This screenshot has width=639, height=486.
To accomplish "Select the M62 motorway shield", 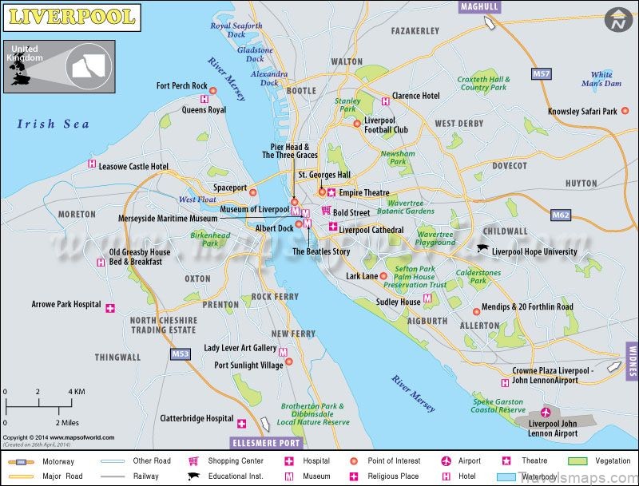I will [561, 215].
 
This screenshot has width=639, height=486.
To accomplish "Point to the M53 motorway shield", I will [180, 353].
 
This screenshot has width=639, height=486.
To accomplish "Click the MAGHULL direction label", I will [479, 6].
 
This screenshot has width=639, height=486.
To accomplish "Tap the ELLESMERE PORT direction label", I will [266, 442].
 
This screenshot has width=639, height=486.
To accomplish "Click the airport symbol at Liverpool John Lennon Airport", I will [546, 412].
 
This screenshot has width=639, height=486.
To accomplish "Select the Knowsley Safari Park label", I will [582, 112].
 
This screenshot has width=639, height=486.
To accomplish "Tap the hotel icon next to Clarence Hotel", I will [386, 101].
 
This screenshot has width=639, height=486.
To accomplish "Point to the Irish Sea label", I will [53, 124].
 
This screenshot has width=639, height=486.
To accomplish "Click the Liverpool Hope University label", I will [534, 251].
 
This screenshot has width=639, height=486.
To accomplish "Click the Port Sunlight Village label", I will [248, 365].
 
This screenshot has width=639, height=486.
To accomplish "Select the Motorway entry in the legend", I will [40, 461].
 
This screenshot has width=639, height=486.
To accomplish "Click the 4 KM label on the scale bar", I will [76, 392].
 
